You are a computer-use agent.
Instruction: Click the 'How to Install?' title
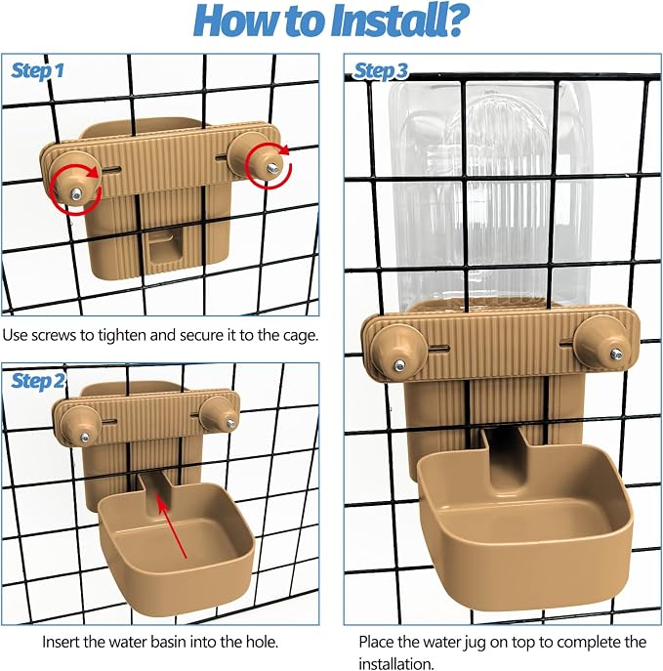tap(332, 21)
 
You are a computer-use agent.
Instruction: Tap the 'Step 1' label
tap(38, 70)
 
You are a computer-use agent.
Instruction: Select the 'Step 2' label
tap(38, 381)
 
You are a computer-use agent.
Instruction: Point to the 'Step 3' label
tap(381, 71)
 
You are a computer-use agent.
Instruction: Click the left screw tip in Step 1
tap(76, 194)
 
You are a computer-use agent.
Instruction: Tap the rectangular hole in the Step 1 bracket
tap(166, 249)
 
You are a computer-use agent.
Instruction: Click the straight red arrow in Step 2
tap(173, 525)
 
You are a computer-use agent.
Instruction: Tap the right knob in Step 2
tap(219, 414)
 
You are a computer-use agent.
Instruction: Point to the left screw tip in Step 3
tap(400, 365)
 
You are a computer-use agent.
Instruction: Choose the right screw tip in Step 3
tap(616, 355)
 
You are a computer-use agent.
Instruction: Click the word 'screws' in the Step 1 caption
tap(58, 335)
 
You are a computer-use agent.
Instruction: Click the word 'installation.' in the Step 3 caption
tap(396, 663)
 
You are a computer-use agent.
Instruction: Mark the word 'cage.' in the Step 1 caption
tap(301, 336)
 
